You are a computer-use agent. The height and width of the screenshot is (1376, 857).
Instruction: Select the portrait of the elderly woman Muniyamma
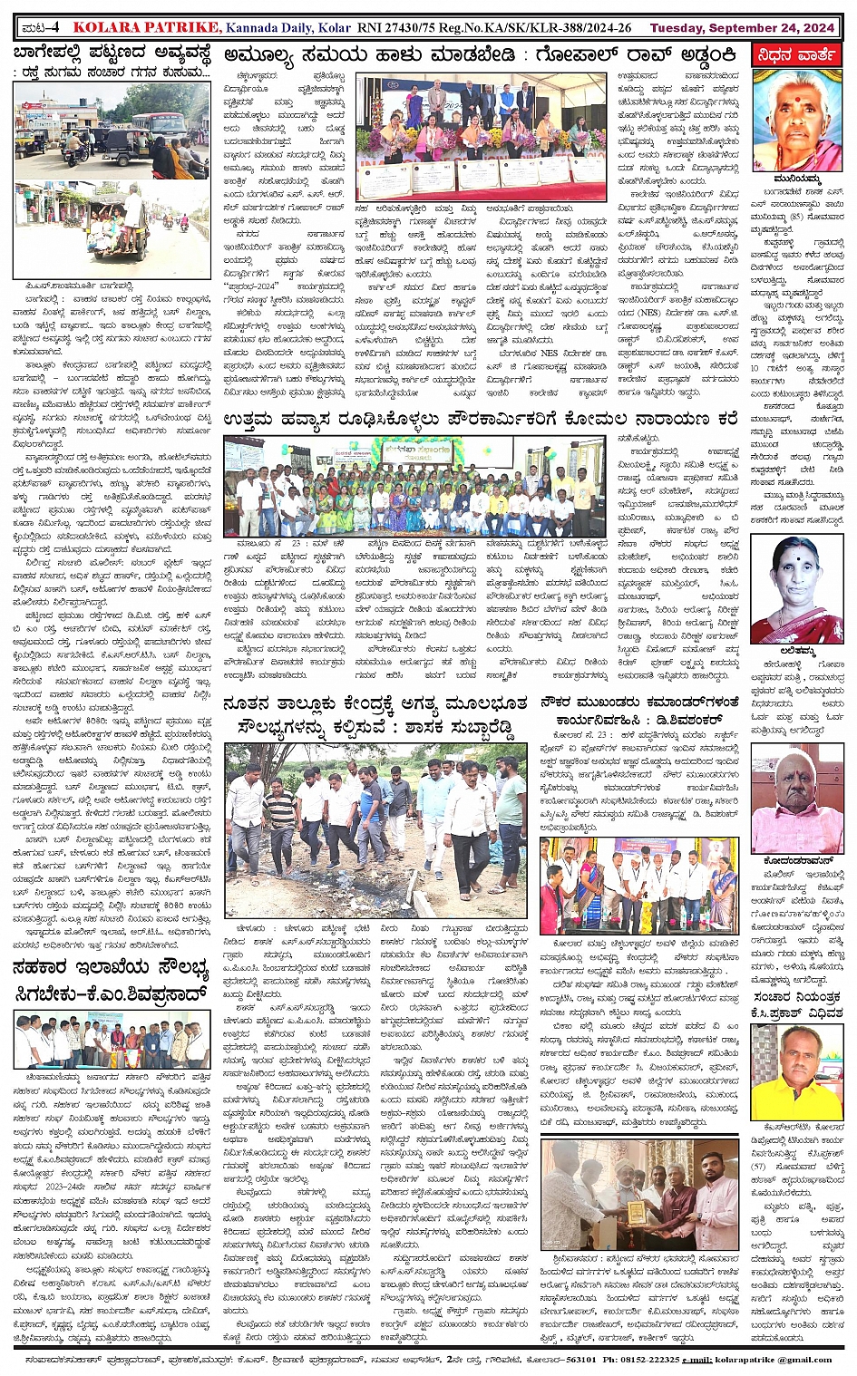[797, 120]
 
